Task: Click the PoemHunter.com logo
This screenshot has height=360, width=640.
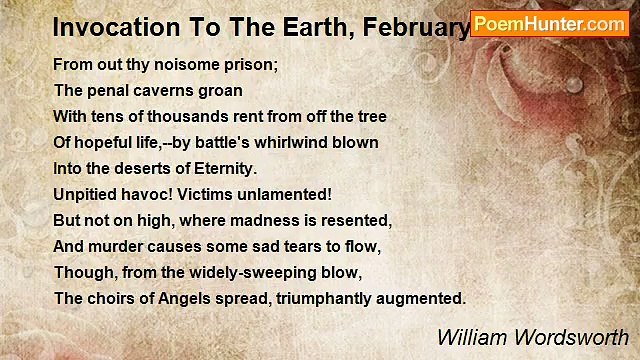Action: [x=549, y=23]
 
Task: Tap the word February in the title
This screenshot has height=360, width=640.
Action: [x=423, y=25]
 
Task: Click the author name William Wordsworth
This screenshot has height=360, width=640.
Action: [x=533, y=337]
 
